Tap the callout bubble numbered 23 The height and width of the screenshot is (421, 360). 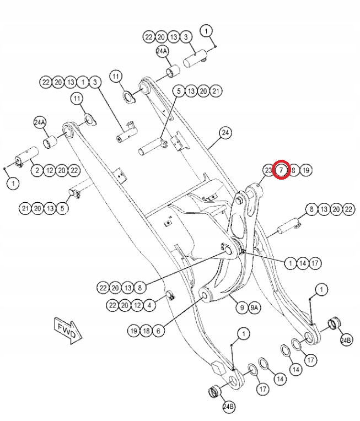268,170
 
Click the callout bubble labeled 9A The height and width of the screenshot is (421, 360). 255,308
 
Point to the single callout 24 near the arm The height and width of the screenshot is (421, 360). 225,133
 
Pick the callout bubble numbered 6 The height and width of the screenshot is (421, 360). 158,331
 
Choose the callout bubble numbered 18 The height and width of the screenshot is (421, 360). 146,331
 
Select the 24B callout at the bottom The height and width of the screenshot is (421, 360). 228,407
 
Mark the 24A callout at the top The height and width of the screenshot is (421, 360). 162,51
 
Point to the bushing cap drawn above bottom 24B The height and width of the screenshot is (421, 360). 214,392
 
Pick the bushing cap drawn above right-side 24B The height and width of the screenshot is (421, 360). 332,322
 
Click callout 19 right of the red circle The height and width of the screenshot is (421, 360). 306,170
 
